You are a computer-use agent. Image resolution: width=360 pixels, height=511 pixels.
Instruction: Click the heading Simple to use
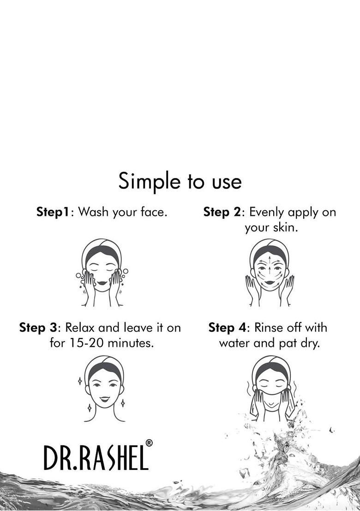[x=180, y=182]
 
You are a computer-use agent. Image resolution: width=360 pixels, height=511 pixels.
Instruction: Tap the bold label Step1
[x=53, y=213]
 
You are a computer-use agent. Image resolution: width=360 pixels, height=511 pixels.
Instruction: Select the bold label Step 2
[x=222, y=213]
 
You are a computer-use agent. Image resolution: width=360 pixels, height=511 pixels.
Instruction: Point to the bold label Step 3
[x=38, y=328]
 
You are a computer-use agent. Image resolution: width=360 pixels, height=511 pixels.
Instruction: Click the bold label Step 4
[x=227, y=328]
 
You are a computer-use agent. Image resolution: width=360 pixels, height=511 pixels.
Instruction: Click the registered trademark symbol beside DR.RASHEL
[x=149, y=443]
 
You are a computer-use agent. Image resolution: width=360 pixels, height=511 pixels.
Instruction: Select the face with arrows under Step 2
[x=270, y=273]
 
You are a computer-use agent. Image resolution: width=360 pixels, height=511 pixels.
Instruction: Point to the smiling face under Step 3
[x=104, y=388]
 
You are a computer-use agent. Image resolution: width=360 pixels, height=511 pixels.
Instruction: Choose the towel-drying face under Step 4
[x=271, y=388]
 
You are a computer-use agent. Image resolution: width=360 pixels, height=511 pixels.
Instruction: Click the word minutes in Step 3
[x=131, y=343]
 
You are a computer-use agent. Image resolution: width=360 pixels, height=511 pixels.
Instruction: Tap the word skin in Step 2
[x=285, y=227]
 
